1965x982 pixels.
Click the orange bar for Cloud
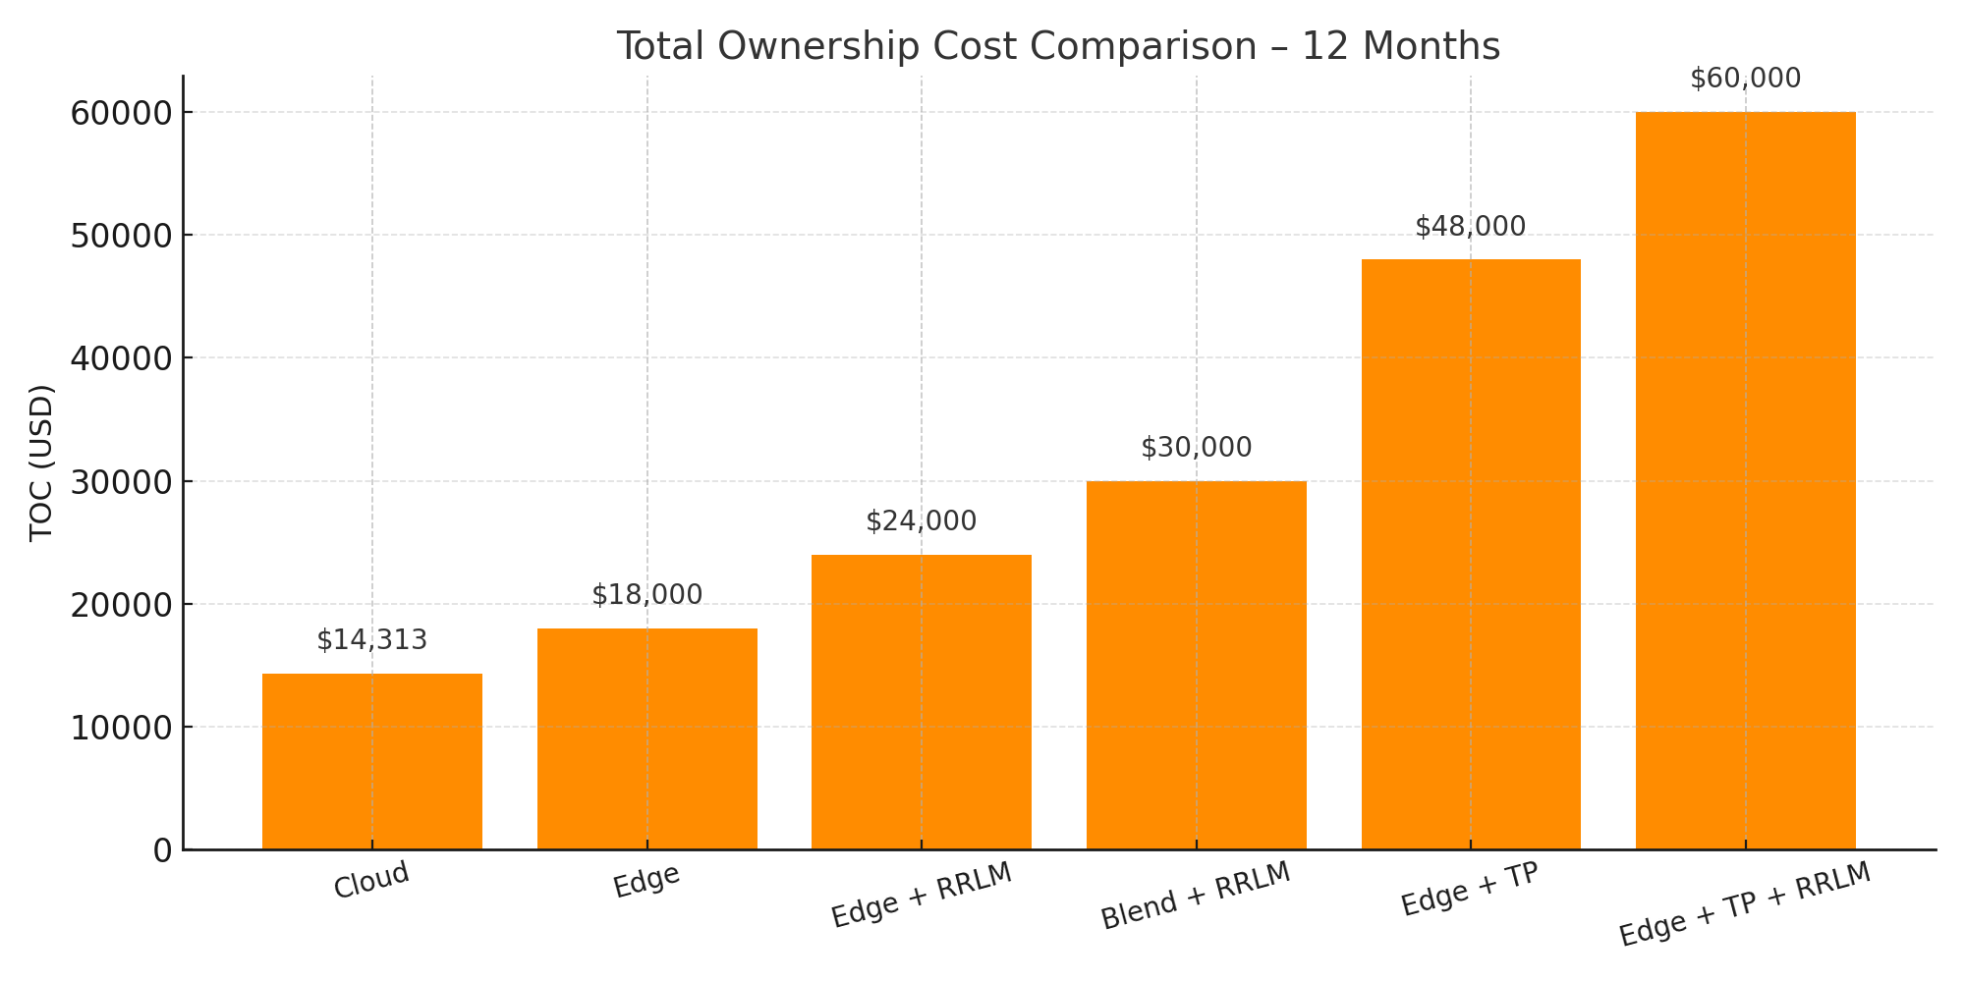[372, 761]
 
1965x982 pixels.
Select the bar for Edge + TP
[1471, 555]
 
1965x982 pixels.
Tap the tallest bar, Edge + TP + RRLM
[1746, 481]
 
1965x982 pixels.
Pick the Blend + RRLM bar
[1197, 665]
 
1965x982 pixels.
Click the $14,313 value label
[372, 640]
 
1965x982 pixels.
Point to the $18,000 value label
[647, 595]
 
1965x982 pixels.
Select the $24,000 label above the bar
[922, 521]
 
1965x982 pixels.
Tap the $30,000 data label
[1197, 448]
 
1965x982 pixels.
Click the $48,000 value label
[1471, 227]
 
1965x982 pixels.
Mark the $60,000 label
[1746, 79]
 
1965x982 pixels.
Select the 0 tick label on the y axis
[163, 850]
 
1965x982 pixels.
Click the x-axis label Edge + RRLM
[922, 896]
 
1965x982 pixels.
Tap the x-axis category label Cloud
[371, 881]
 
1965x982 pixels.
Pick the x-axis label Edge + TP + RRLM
[1745, 904]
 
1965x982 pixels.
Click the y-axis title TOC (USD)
[41, 463]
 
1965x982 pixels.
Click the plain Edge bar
[647, 738]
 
